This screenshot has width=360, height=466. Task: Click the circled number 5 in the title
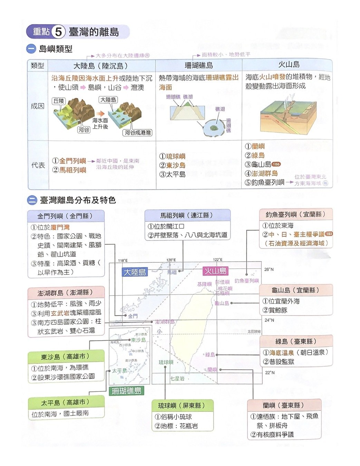tap(58, 32)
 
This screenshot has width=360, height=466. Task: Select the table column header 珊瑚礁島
tap(199, 66)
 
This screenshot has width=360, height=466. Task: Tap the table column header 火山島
tap(289, 65)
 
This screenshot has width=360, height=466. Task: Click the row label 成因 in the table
tap(38, 106)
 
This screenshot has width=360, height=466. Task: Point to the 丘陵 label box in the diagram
tap(59, 101)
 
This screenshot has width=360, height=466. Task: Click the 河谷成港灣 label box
tap(138, 133)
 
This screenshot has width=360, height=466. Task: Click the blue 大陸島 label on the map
tap(135, 272)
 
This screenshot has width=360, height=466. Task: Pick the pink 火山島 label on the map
tap(215, 271)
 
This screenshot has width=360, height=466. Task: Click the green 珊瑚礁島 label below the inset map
tap(126, 391)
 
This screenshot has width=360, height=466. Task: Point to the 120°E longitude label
tap(171, 260)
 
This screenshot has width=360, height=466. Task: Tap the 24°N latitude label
tap(269, 320)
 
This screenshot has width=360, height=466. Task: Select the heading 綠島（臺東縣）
tap(296, 341)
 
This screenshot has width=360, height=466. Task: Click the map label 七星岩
tap(177, 379)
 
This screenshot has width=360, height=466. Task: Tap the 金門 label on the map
tap(133, 316)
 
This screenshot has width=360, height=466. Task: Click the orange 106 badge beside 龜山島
tap(276, 164)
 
